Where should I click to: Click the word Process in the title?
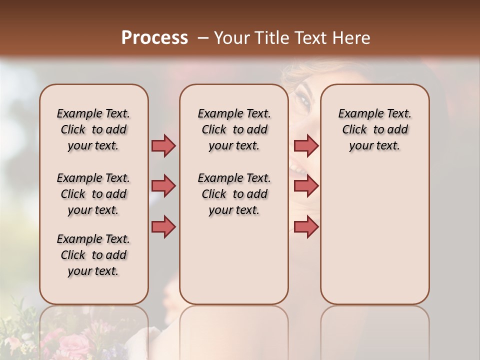154,38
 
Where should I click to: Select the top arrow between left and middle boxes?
163,145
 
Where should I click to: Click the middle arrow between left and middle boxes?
163,186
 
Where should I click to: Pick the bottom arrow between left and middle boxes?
163,226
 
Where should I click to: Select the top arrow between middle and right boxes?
306,145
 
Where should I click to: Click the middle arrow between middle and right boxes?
306,186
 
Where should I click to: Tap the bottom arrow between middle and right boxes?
306,226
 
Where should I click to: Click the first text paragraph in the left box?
93,129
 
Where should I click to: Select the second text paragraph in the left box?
93,194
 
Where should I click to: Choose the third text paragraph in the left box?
93,255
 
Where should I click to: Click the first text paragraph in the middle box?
234,129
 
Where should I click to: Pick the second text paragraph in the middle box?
234,194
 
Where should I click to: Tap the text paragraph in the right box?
374,129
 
